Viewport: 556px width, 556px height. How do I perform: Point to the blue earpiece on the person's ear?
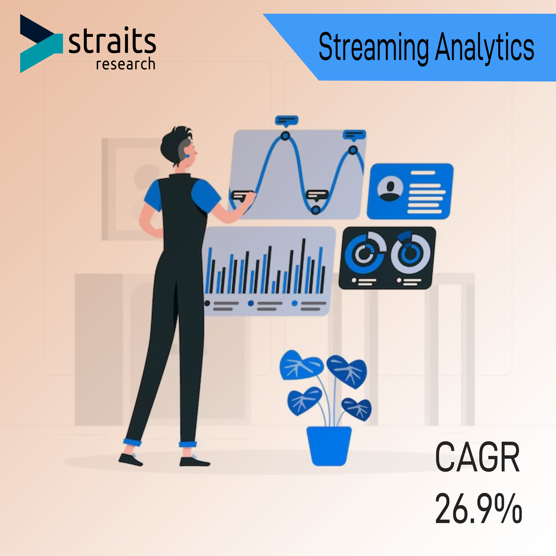point(187,156)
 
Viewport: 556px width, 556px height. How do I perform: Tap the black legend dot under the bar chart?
point(207,303)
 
